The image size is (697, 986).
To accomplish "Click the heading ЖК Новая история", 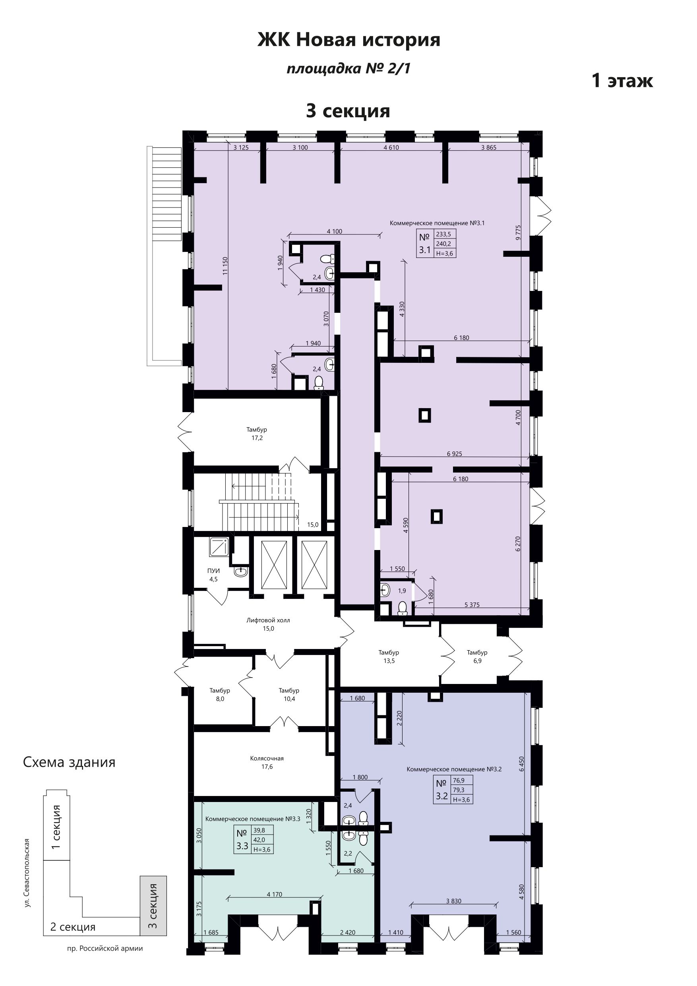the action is click(349, 41).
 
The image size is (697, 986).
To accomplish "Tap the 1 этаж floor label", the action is click(622, 80).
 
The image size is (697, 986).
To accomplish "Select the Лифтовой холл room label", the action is click(268, 620).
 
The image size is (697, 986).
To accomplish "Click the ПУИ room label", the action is click(213, 571).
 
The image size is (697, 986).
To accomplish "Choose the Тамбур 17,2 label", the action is click(257, 434).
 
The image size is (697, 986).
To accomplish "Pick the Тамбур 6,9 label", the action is click(477, 657).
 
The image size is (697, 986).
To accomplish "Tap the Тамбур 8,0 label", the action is click(220, 695).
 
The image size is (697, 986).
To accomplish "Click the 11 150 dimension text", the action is click(225, 266).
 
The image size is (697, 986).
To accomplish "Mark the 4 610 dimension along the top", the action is click(391, 147).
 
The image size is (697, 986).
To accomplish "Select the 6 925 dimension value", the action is click(454, 453).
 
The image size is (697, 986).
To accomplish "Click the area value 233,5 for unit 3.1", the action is click(443, 234).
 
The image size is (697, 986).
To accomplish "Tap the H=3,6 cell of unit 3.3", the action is click(263, 849).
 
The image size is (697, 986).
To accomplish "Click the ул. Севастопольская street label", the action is click(27, 873).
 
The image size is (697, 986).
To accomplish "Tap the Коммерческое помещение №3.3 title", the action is click(253, 819).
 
